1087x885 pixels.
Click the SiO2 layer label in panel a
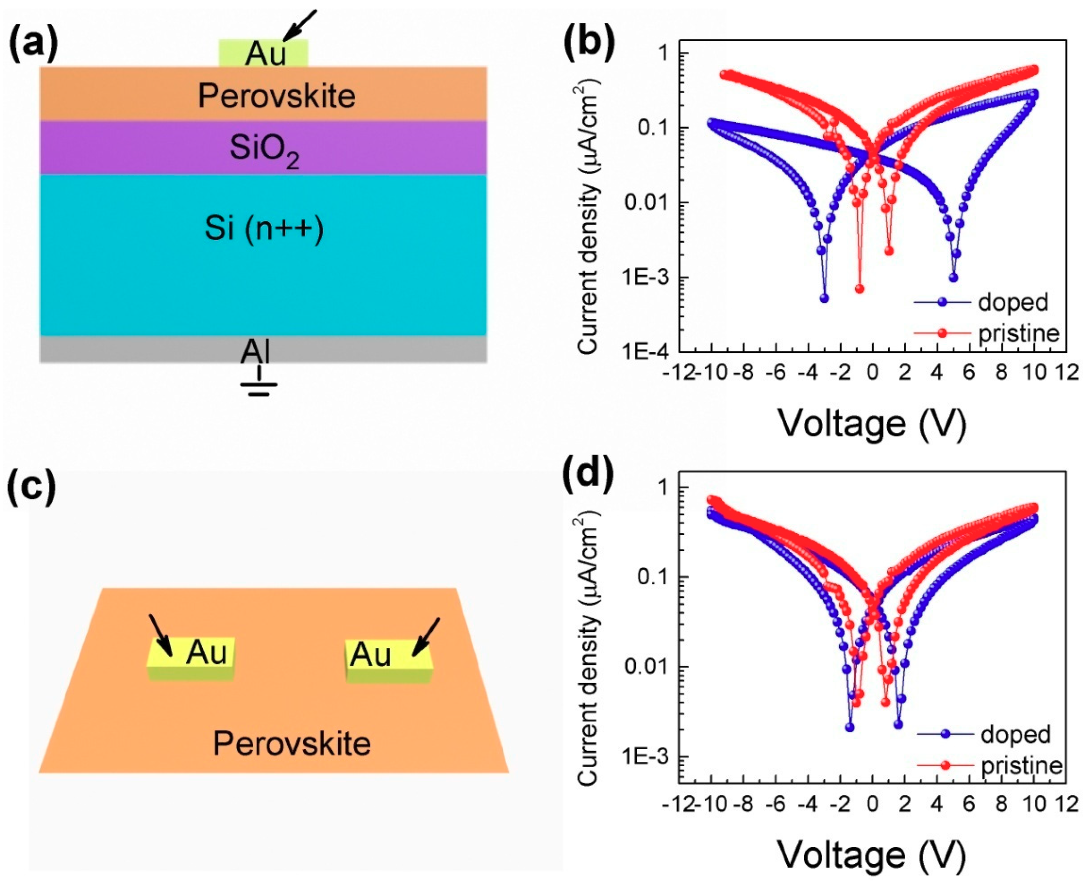tap(264, 150)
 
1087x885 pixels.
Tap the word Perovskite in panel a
tap(277, 96)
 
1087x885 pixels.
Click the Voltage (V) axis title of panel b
tap(872, 423)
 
